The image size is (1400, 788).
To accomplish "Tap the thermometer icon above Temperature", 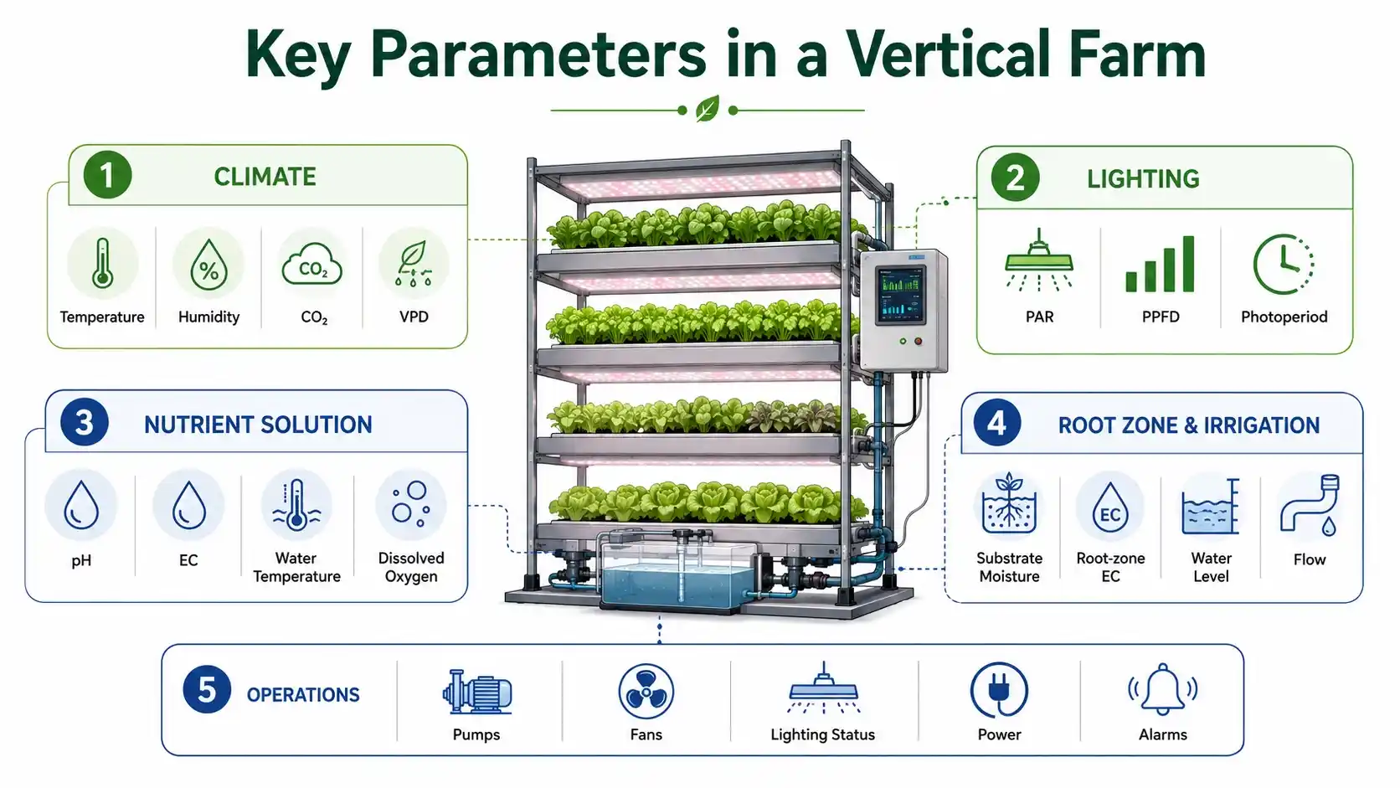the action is (x=102, y=264).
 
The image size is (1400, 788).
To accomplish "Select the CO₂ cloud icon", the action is (x=311, y=265).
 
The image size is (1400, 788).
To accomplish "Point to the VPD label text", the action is (x=414, y=317).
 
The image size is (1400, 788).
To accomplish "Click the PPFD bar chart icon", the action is (x=1160, y=264).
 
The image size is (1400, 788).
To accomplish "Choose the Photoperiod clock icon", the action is (x=1283, y=265).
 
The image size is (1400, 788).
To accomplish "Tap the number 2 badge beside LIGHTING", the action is (x=1015, y=178).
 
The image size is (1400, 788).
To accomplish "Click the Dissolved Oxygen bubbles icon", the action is (x=410, y=503).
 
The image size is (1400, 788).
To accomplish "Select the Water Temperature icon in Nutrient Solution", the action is (x=296, y=505).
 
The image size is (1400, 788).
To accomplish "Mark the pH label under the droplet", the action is (x=81, y=560).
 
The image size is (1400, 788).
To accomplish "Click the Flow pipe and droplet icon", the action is (x=1310, y=505).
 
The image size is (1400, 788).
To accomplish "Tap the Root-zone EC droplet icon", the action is (x=1110, y=507).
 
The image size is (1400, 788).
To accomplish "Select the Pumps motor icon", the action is (x=477, y=693).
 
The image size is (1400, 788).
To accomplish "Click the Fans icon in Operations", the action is (x=646, y=692).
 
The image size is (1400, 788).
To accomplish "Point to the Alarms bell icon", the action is (x=1162, y=689).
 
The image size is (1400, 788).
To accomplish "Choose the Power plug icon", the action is (x=999, y=691).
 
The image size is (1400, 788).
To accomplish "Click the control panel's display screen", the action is (x=901, y=296).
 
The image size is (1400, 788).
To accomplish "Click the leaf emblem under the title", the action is (x=708, y=110).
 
